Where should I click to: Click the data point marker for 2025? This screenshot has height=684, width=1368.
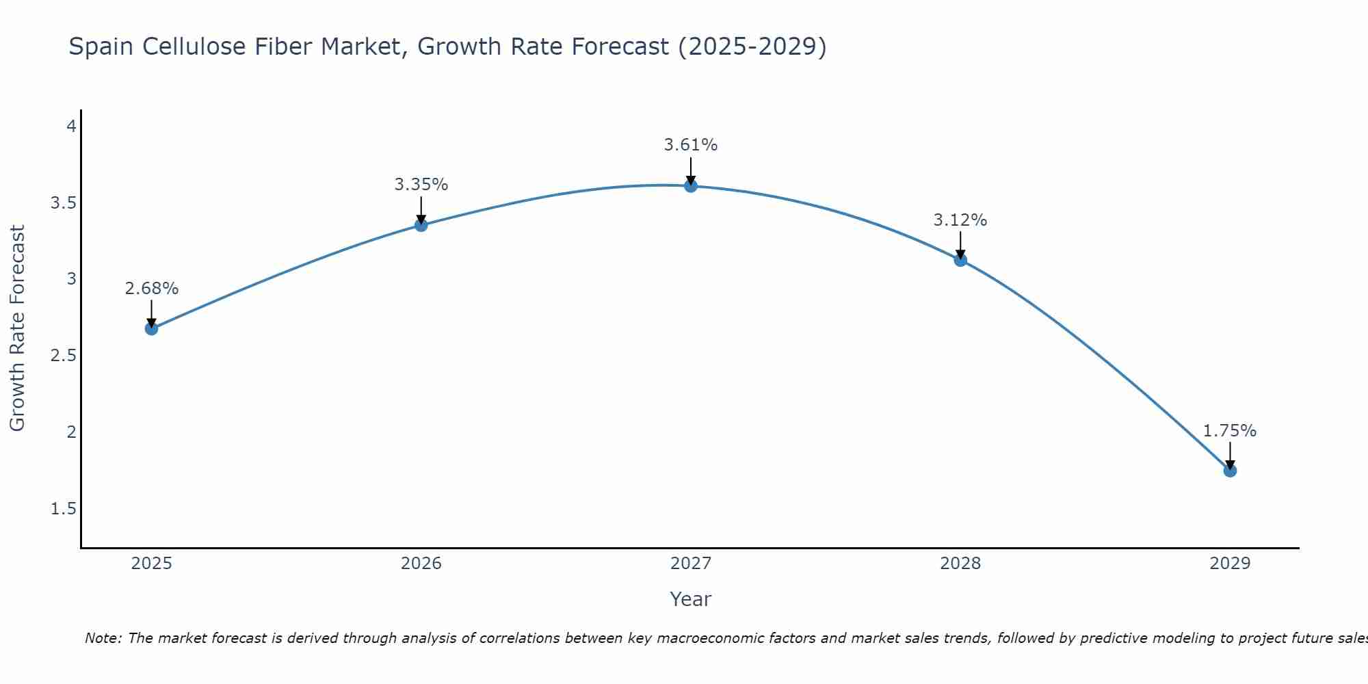151,328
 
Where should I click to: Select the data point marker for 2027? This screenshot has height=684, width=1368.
690,185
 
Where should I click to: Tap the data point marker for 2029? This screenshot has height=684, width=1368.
1229,471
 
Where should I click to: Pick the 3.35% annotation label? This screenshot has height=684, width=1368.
421,185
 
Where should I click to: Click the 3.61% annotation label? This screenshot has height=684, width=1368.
690,145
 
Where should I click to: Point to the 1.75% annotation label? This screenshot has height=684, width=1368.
1229,431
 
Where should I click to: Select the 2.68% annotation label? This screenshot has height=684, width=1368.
151,289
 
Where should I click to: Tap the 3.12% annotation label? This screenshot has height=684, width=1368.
960,220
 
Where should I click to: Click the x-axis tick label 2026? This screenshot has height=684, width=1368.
421,564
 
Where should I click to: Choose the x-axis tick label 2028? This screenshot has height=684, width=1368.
960,564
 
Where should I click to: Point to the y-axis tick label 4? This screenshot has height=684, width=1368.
70,127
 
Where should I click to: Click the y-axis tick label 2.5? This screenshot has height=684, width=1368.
63,356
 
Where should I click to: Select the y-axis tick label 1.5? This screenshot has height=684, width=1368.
63,509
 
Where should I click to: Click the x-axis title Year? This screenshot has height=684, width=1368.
690,599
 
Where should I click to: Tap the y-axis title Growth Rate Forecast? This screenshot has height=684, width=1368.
17,328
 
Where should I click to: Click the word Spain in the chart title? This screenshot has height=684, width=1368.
101,47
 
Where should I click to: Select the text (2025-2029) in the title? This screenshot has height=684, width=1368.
752,47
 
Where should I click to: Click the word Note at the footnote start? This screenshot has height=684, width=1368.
102,638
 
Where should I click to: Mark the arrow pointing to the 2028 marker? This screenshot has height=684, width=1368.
960,245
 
